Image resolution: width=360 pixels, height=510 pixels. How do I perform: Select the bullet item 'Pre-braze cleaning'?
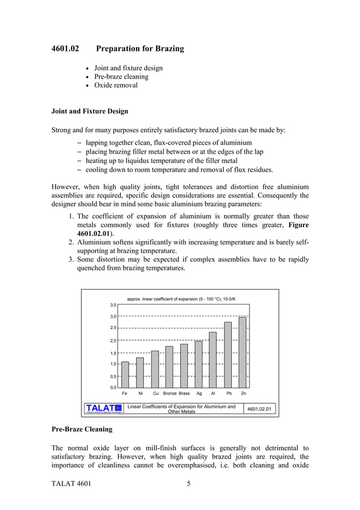(x=121, y=77)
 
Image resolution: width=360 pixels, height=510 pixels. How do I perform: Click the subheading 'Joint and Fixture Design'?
(x=90, y=111)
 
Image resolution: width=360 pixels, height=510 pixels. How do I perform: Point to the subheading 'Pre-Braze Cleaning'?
(x=82, y=429)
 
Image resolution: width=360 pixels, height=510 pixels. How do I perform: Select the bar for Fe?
(x=125, y=374)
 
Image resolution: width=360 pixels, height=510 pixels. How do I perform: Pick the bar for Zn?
(x=243, y=352)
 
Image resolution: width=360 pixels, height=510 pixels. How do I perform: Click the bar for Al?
(x=213, y=359)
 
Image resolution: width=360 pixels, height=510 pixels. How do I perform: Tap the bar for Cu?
(x=155, y=369)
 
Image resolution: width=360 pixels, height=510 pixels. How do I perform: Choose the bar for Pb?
(x=228, y=354)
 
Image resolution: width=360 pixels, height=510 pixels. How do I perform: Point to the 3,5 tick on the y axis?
(x=113, y=304)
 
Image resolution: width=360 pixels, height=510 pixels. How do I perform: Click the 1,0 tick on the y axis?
(x=113, y=364)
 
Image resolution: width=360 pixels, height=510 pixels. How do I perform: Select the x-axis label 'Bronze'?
(x=170, y=393)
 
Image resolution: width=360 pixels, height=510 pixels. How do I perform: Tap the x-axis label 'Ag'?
(x=199, y=393)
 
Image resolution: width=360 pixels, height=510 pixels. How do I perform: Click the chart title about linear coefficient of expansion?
(x=182, y=298)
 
